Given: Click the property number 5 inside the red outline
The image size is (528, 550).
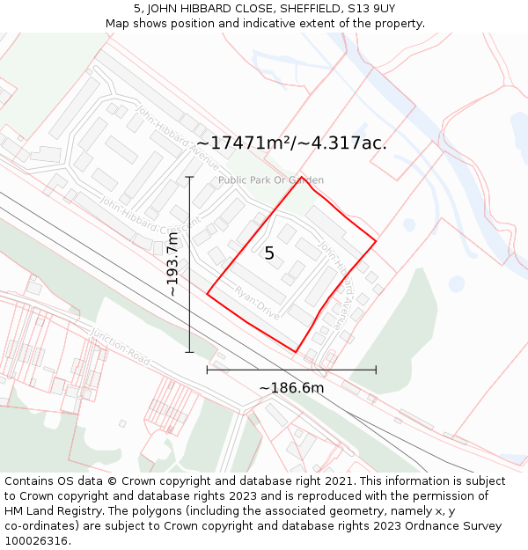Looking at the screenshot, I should pos(269,253).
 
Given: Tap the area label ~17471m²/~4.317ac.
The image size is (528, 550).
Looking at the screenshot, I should pos(291,143).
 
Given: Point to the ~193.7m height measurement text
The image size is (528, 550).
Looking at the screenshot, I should pos(173,263).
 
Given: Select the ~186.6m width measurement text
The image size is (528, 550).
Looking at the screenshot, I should pos(291,388).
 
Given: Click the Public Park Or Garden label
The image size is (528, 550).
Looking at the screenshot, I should pos(271,180).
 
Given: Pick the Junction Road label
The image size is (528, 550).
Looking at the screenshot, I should pos(121,344).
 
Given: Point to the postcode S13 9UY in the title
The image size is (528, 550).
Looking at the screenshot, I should pos(373,8).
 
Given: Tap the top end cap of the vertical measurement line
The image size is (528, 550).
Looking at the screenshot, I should pos(189,177).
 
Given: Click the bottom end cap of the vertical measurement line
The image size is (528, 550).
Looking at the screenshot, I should pos(189,352).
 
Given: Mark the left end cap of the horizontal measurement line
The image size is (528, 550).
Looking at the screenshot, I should pos(208,370).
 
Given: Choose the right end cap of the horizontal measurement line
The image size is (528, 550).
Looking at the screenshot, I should pos(376,370).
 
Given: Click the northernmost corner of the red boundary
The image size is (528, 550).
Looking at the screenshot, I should pos(302,177).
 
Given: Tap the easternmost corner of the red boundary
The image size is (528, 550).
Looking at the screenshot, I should pos(376,240).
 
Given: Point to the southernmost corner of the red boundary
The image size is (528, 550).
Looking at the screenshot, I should pos(296,352).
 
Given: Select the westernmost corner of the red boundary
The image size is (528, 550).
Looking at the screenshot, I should pos(208,293).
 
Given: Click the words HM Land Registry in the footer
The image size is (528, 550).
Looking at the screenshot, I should pos(46,511).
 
